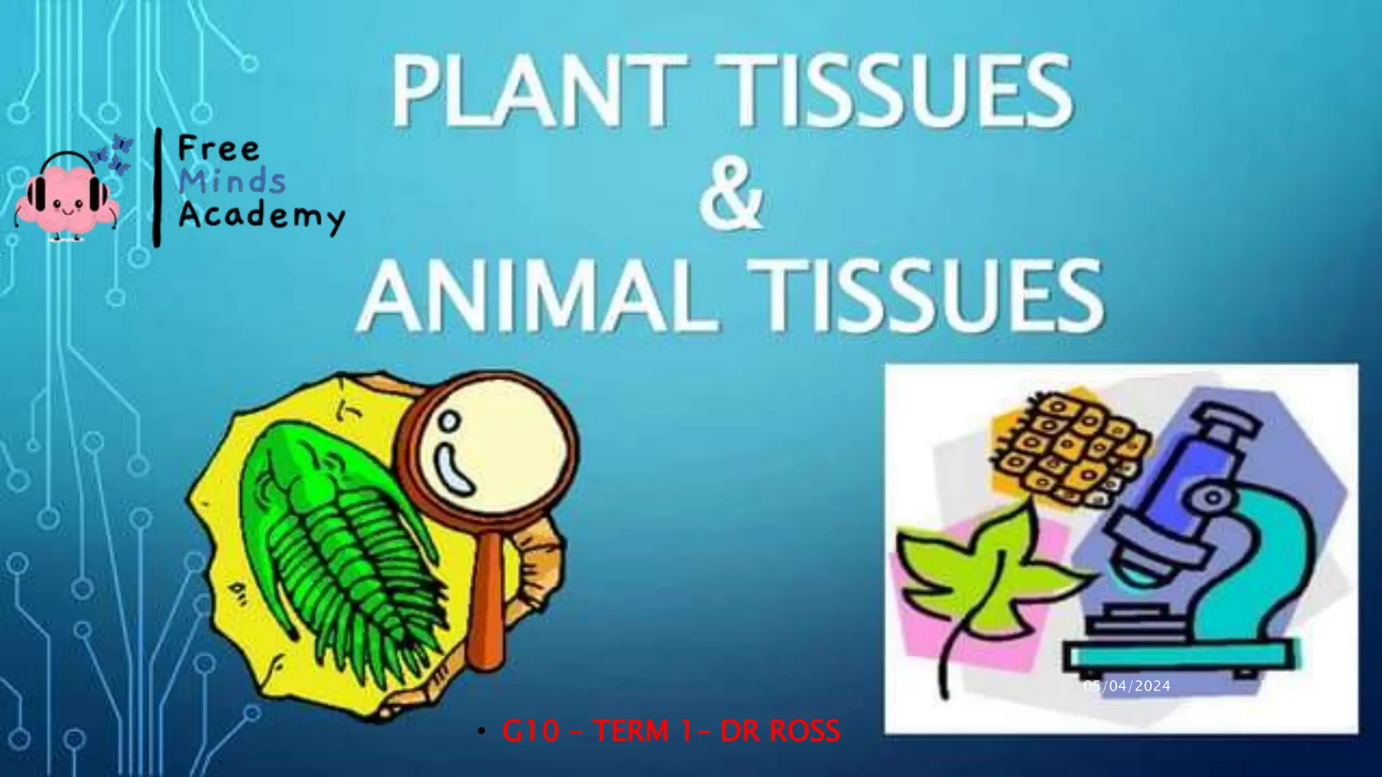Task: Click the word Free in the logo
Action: [x=218, y=149]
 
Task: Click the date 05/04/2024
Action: [x=1127, y=687]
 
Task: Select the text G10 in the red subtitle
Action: [x=530, y=731]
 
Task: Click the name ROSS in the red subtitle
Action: [x=804, y=731]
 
